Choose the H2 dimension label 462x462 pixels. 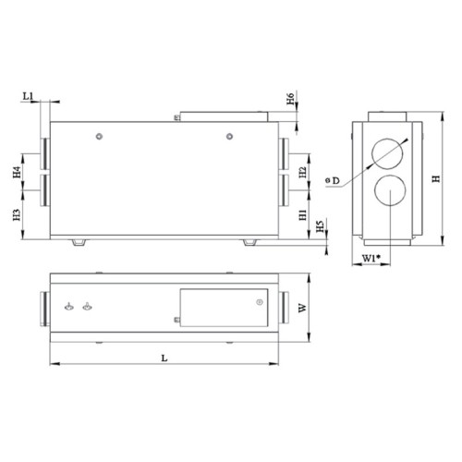coord(303,172)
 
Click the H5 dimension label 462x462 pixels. coord(320,227)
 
